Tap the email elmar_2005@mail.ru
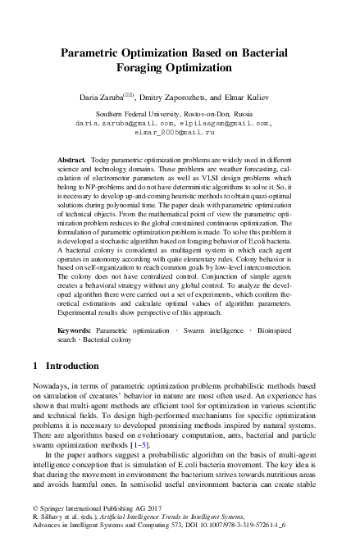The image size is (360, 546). (180, 131)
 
